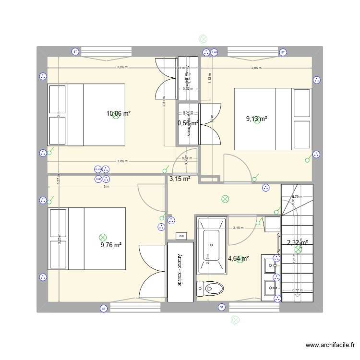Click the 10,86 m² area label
click(119, 114)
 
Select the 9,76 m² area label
click(111, 245)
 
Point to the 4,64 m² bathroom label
click(239, 259)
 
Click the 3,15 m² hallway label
click(180, 179)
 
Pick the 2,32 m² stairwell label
click(297, 243)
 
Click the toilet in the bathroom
click(211, 288)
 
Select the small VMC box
click(181, 236)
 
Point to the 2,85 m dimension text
click(256, 68)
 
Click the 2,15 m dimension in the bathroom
click(238, 228)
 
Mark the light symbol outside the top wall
click(203, 39)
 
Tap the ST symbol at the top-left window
click(75, 51)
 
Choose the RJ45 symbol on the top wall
click(215, 52)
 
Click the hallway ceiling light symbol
click(225, 199)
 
